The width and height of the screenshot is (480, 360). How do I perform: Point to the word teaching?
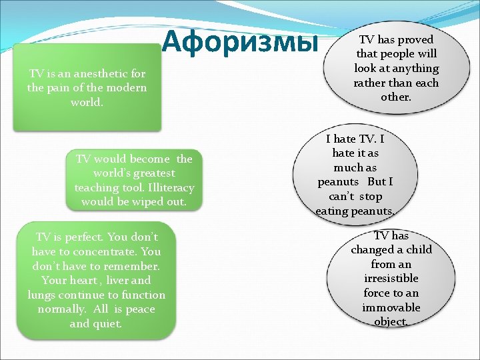pos(98,187)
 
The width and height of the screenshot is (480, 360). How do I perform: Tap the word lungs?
pos(41,295)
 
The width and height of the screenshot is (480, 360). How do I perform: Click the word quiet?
pos(107,324)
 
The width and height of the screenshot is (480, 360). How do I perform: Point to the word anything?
pos(415,69)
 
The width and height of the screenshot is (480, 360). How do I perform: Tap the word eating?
pos(331,211)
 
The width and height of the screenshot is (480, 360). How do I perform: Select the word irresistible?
pos(391,279)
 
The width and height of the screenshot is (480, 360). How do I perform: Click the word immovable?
pos(391,307)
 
